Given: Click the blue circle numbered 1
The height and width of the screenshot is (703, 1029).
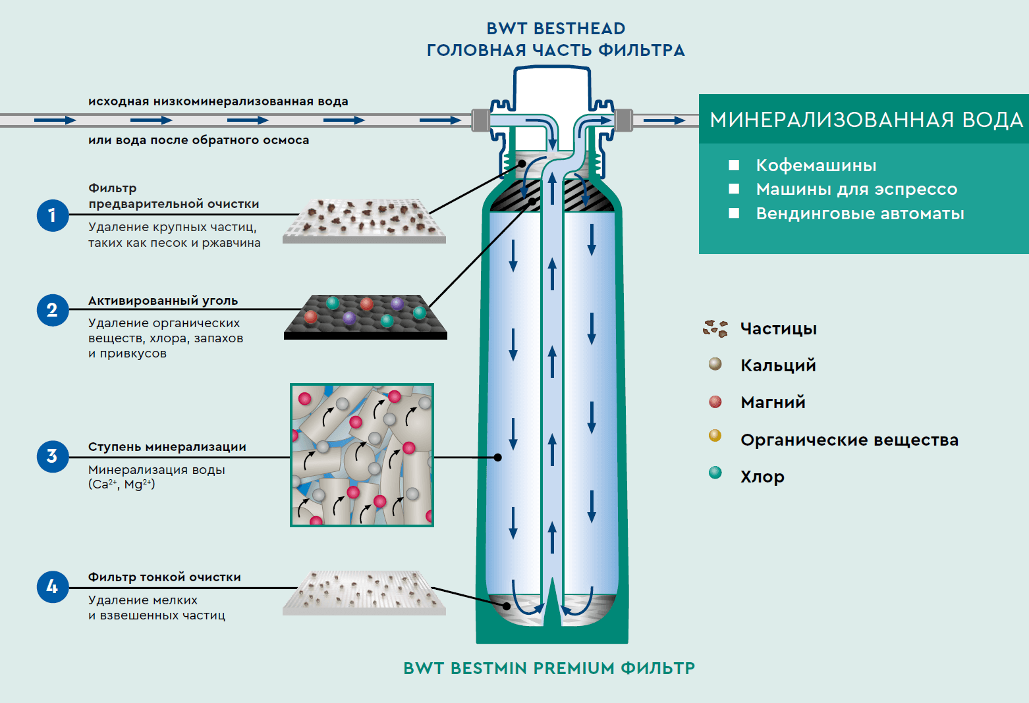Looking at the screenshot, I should click(53, 215).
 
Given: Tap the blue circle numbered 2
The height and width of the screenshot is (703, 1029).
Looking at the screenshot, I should click(53, 310).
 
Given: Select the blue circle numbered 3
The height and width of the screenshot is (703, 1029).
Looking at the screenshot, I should click(53, 456).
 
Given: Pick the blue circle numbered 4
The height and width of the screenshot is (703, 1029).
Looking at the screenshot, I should click(53, 586).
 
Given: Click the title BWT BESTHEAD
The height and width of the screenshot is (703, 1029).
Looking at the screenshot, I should click(555, 29).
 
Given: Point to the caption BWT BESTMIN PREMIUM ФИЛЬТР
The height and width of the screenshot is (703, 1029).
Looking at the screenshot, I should click(549, 668).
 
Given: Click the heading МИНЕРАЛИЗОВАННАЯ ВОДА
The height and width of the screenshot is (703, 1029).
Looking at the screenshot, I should click(866, 120).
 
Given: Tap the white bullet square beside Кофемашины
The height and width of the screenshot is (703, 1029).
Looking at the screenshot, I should click(734, 165).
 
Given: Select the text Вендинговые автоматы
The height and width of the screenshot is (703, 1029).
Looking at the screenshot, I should click(860, 214).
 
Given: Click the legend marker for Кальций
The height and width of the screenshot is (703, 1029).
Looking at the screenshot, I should click(715, 364).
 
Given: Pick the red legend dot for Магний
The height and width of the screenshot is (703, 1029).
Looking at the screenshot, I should click(715, 402).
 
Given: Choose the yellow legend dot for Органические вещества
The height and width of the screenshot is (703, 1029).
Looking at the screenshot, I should click(715, 436).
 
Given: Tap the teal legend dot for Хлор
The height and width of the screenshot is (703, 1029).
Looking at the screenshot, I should click(715, 473).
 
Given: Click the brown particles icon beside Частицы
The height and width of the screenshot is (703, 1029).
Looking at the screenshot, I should click(715, 328).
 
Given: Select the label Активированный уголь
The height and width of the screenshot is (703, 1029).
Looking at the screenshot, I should click(163, 301).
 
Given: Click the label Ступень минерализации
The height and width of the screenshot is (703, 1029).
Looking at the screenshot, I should click(167, 447).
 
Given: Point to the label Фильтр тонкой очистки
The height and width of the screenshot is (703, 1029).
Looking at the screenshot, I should click(164, 577).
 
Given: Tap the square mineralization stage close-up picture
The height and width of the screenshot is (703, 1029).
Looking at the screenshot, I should click(362, 455).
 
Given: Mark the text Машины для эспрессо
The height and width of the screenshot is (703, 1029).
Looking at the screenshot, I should click(856, 190).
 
